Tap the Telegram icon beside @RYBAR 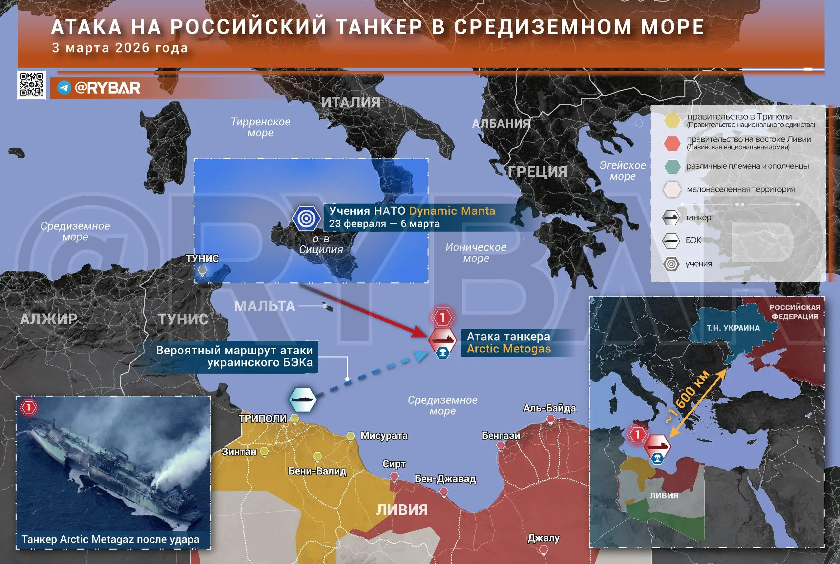(64, 88)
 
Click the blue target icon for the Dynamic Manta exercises (306, 218)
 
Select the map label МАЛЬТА (264, 306)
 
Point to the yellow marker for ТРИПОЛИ (294, 418)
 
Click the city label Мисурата (384, 435)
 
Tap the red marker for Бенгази (501, 445)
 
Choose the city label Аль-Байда (549, 408)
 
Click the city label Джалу (543, 538)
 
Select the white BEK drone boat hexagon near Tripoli (303, 399)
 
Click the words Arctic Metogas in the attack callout (509, 349)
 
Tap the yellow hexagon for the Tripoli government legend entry (672, 120)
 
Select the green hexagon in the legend (672, 166)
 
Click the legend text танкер (698, 217)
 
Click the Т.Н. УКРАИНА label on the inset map (733, 328)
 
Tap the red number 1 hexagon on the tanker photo (29, 408)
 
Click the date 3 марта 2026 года (120, 48)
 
